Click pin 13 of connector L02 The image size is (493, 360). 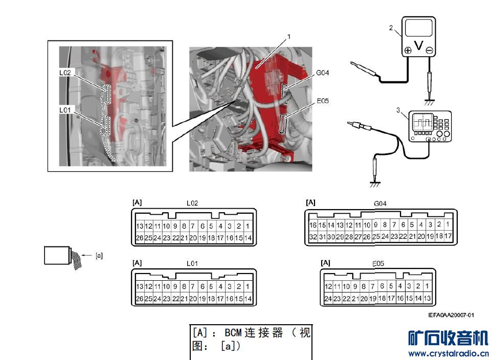click(x=140, y=226)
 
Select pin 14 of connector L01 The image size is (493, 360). click(x=248, y=299)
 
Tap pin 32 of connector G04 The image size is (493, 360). click(x=313, y=237)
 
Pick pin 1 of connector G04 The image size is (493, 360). click(x=447, y=224)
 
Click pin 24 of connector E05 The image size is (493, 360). click(x=328, y=299)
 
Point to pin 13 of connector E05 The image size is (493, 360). click(x=427, y=298)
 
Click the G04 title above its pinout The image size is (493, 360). click(x=380, y=203)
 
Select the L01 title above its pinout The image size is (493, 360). click(x=192, y=263)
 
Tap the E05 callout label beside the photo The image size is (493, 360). click(x=322, y=101)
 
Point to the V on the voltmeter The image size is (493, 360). click(x=418, y=46)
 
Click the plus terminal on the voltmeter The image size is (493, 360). click(x=408, y=51)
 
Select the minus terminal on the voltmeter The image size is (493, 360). click(x=429, y=51)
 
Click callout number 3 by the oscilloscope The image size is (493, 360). click(x=398, y=109)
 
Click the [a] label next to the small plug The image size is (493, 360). click(x=99, y=256)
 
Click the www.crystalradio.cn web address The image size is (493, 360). click(x=448, y=354)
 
